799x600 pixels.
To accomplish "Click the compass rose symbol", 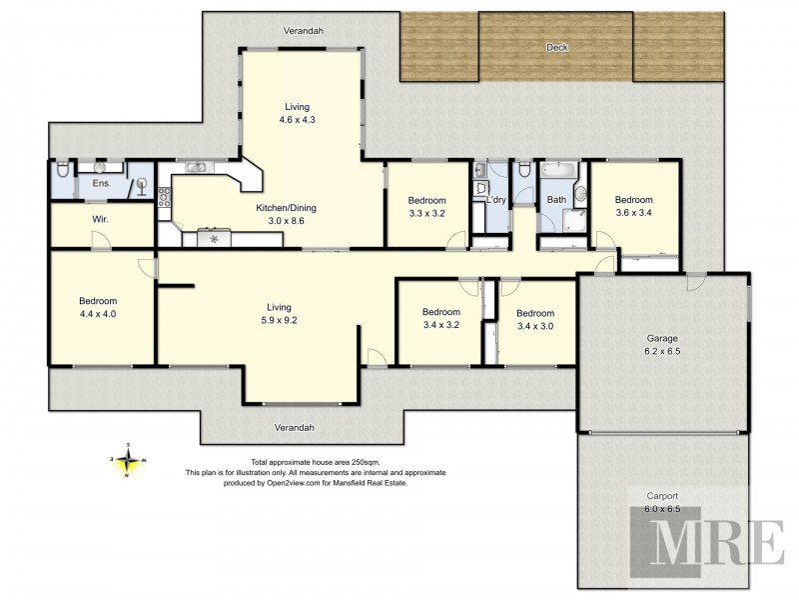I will (129, 461).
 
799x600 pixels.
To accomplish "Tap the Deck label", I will (556, 47).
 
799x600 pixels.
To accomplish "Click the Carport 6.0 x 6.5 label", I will (662, 502).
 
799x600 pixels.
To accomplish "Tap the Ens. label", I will (101, 184).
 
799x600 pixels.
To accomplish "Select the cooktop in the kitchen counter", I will (213, 237).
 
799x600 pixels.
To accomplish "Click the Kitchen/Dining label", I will (286, 214).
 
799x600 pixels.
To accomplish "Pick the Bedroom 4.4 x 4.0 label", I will (99, 308).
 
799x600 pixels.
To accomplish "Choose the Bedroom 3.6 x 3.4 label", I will (633, 205).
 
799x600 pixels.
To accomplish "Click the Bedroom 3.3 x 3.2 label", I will (427, 206).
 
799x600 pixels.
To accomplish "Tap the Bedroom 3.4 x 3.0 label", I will (535, 318).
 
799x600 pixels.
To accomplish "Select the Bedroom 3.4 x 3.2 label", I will (440, 318).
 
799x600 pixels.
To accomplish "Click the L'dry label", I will (495, 200).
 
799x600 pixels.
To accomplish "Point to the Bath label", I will (555, 200).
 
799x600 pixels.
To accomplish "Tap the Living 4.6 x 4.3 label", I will (298, 113).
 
